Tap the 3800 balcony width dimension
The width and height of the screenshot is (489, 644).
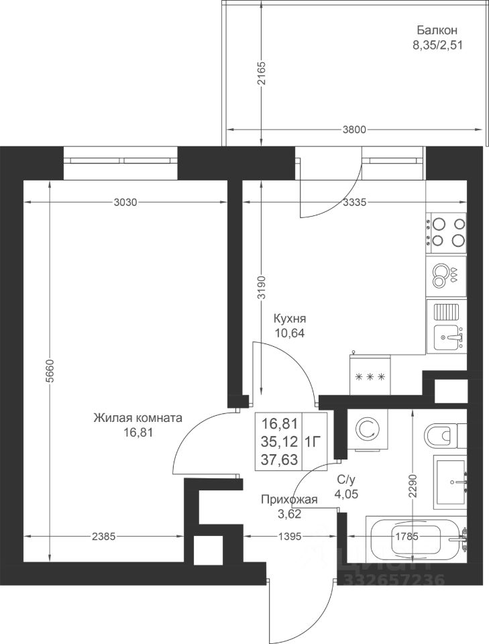(x=354, y=130)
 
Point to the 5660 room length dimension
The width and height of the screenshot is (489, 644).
(x=50, y=371)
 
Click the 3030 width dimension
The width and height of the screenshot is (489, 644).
(x=124, y=202)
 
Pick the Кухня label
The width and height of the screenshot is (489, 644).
(x=290, y=319)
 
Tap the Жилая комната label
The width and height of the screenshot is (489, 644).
(x=138, y=418)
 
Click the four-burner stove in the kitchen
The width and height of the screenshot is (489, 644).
(x=446, y=233)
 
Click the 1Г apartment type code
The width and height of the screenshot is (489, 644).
(x=312, y=442)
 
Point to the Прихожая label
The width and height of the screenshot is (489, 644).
(x=290, y=500)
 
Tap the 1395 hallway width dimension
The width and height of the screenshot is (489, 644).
(x=290, y=537)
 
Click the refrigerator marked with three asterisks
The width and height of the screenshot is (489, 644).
(x=370, y=374)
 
